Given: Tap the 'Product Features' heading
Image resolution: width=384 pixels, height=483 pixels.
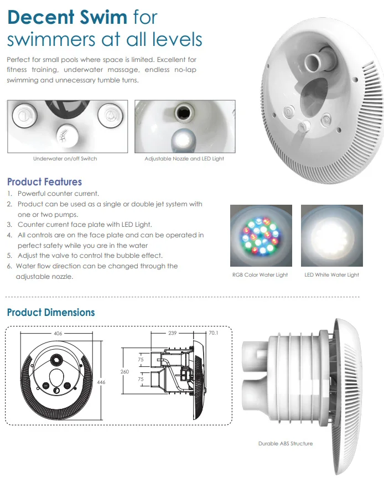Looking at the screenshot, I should click(x=44, y=182).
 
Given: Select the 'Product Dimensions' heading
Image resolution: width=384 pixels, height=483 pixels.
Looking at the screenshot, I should click(x=51, y=313).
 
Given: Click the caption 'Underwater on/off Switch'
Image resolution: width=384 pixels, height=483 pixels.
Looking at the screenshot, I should click(x=65, y=159).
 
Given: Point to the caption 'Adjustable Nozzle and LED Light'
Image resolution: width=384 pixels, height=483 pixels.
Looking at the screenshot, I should click(x=184, y=159).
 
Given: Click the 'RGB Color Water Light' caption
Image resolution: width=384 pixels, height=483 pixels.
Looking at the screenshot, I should click(x=260, y=275).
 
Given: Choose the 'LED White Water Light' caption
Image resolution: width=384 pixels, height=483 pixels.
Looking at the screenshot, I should click(x=331, y=275).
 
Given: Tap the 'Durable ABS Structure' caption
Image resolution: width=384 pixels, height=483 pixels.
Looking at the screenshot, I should click(x=285, y=444).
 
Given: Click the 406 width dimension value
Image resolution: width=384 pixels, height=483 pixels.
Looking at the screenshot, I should click(x=58, y=334).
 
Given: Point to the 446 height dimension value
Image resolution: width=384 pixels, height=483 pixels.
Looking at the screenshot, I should click(x=100, y=382).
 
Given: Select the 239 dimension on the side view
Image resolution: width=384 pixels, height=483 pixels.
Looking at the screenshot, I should click(x=172, y=334).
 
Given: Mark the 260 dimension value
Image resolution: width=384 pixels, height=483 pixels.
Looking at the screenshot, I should click(x=125, y=372).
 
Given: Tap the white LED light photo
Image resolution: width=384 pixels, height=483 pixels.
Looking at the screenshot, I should click(x=331, y=236).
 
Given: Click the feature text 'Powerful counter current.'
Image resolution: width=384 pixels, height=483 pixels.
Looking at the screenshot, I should click(x=58, y=194).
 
